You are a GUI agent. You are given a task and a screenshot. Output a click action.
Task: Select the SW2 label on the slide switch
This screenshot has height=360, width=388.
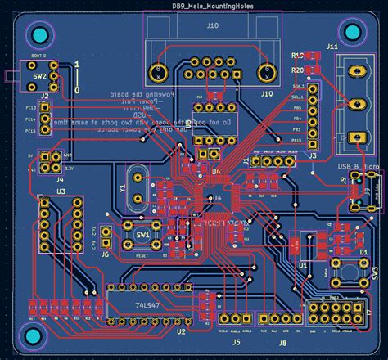coord(39,78)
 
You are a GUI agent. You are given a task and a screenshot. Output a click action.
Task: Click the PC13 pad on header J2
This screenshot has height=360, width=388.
coord(45,106)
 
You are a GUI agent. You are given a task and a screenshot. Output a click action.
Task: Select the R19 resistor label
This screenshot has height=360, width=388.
coord(297,54)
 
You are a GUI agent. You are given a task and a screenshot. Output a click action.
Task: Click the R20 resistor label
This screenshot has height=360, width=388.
coord(297,70)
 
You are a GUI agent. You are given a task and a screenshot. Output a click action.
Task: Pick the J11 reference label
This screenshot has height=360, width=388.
coord(332,47)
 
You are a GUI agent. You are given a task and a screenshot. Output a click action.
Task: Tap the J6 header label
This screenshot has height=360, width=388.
coord(105,254)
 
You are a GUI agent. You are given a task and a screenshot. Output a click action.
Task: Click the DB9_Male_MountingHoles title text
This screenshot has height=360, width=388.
coord(212,6)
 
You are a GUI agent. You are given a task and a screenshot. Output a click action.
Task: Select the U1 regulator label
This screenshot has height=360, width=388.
coord(303,265)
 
